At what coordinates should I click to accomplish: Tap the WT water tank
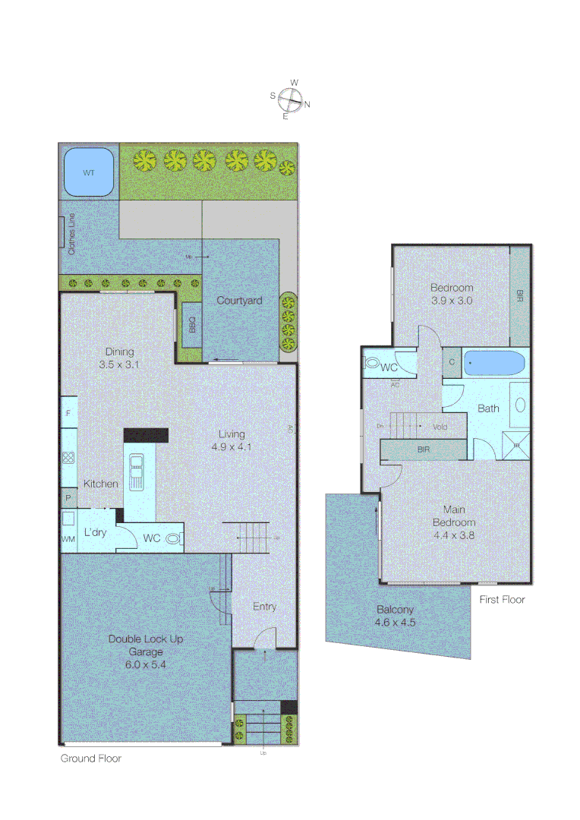point(89,172)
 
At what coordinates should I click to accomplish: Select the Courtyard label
point(239,301)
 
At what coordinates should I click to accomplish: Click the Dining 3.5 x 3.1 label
point(120,358)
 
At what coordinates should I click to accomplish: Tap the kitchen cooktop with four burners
point(68,457)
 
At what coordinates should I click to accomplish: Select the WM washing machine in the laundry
point(68,538)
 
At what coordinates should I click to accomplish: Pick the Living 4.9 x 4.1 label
point(232,440)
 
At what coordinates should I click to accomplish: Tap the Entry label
point(265,606)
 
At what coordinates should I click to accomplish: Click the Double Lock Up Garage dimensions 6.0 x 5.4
point(146,664)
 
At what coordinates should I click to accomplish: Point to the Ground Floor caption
point(91,758)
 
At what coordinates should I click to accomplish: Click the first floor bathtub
point(494,363)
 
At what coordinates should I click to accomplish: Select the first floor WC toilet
point(372,364)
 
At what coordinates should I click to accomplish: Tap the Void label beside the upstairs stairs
point(440,427)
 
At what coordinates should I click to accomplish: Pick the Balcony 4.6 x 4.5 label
point(396,616)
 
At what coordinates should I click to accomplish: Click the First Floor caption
point(502,599)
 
